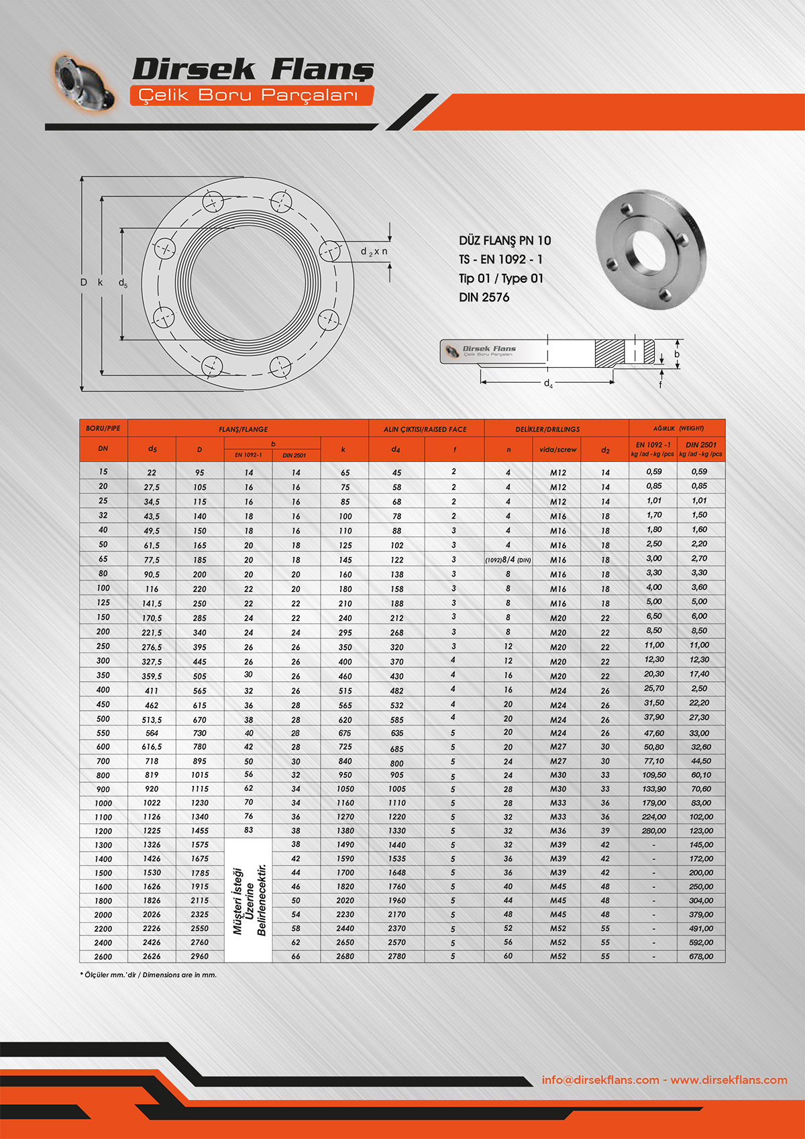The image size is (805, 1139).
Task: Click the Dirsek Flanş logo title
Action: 253,69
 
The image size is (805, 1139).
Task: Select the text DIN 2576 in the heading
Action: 484,297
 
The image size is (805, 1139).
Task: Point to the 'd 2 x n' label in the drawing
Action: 374,252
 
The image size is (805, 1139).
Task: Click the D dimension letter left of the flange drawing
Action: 84,283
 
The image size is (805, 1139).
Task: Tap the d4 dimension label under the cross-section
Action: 548,384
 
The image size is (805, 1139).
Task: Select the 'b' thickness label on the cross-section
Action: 677,354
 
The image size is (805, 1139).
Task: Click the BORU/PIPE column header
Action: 103,428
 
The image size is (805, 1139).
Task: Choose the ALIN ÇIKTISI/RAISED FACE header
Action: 425,430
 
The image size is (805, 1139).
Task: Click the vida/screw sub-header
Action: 557,450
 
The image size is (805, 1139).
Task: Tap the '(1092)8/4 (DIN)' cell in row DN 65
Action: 508,560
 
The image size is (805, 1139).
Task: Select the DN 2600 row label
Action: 103,956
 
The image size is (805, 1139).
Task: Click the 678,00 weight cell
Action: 701,956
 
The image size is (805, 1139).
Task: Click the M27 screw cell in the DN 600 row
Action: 558,747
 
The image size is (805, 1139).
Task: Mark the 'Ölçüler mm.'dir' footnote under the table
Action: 149,975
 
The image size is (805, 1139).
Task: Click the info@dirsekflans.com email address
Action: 600,1080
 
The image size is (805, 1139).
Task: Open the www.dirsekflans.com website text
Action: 729,1080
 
